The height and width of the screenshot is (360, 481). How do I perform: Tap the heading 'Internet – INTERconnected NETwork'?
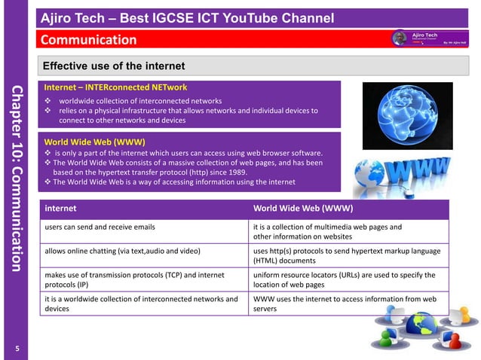[115, 87]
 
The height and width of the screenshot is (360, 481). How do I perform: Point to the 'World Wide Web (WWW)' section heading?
[94, 141]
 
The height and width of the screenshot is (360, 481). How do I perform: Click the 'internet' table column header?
[60, 207]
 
